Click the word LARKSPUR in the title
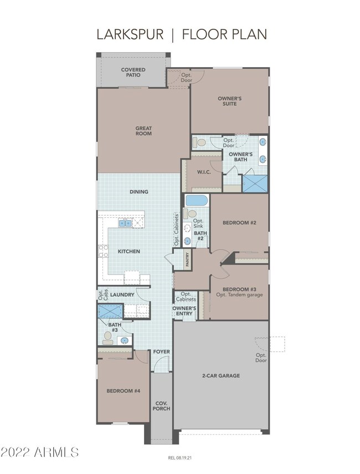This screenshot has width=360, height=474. pos(130,34)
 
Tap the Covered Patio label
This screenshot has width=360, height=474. pos(133,72)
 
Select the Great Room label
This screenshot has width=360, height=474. pos(143,131)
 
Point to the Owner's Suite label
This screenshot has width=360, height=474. pos(229,101)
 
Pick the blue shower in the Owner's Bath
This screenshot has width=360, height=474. pos(255,184)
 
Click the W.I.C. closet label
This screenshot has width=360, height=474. pos(204,172)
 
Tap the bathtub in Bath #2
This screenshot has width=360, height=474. pos(197,201)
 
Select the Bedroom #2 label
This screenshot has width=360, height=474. pos(239,223)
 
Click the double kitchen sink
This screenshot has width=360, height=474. pos(125,223)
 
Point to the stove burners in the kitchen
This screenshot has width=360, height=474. pos(103,251)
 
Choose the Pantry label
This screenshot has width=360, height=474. pos(188,259)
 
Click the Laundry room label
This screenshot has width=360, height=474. pos(122,295)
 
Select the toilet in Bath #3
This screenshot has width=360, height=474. pos(107,338)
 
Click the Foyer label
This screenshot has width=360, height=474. pos(162,352)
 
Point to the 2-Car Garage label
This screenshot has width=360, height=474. pos(221,376)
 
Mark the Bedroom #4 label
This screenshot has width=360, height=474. pos(123,391)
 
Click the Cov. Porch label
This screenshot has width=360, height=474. pos(162,406)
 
